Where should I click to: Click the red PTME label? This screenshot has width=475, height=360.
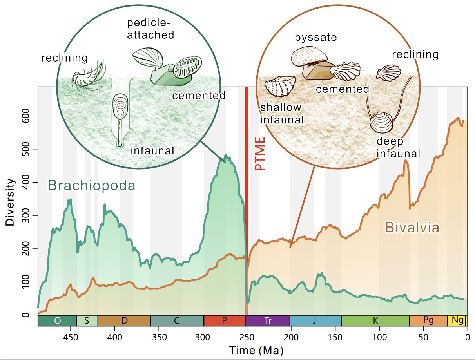pos(260,154)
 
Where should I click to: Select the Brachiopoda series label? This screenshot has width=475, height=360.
pos(91,185)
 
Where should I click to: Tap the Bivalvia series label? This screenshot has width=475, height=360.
pos(412,228)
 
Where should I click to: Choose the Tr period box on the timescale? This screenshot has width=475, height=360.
pos(268,320)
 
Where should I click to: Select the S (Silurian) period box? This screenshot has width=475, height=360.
pos(87,320)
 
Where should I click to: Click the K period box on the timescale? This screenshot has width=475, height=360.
pos(375,320)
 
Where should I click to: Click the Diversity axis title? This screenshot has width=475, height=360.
pos(10,203)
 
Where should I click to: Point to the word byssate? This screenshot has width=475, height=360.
pos(316,38)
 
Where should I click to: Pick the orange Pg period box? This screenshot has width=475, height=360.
pos(428,320)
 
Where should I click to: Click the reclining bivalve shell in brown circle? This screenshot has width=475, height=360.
pos(388,72)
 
